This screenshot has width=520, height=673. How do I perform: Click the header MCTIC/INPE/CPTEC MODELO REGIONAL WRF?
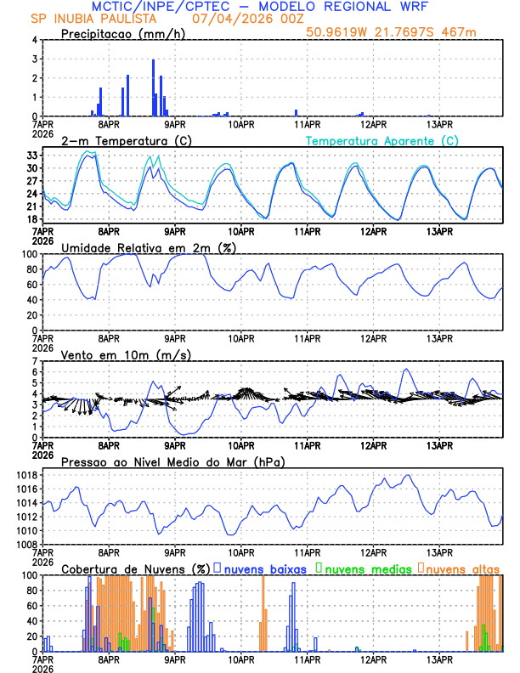click(x=259, y=6)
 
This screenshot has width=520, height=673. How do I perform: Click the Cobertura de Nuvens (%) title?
click(x=135, y=568)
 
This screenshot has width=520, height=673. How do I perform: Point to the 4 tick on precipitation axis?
click(x=33, y=40)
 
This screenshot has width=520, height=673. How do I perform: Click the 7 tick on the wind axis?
click(x=33, y=361)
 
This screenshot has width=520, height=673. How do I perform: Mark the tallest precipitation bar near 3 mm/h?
click(x=153, y=88)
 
